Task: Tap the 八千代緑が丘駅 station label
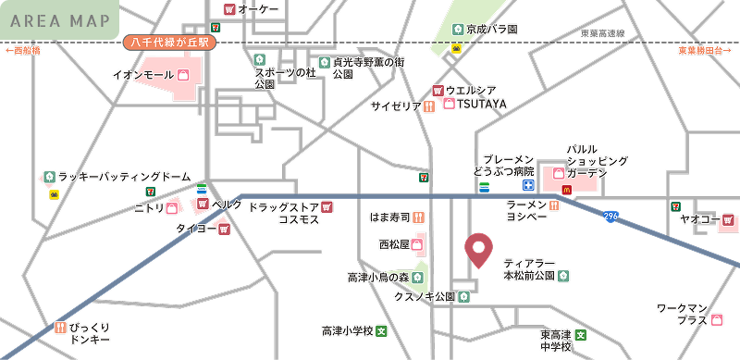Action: pyautogui.click(x=169, y=43)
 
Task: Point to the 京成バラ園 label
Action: pyautogui.click(x=491, y=30)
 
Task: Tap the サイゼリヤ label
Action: pyautogui.click(x=396, y=106)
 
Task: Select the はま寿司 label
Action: pyautogui.click(x=389, y=217)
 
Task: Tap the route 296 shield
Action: pyautogui.click(x=610, y=217)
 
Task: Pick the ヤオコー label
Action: pyautogui.click(x=698, y=219)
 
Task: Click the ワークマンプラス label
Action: pyautogui.click(x=682, y=314)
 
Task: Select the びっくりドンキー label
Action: pyautogui.click(x=90, y=333)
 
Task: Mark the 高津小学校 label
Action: pyautogui.click(x=347, y=330)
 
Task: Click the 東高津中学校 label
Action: pyautogui.click(x=556, y=340)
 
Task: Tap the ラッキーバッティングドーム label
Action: pyautogui.click(x=124, y=176)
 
